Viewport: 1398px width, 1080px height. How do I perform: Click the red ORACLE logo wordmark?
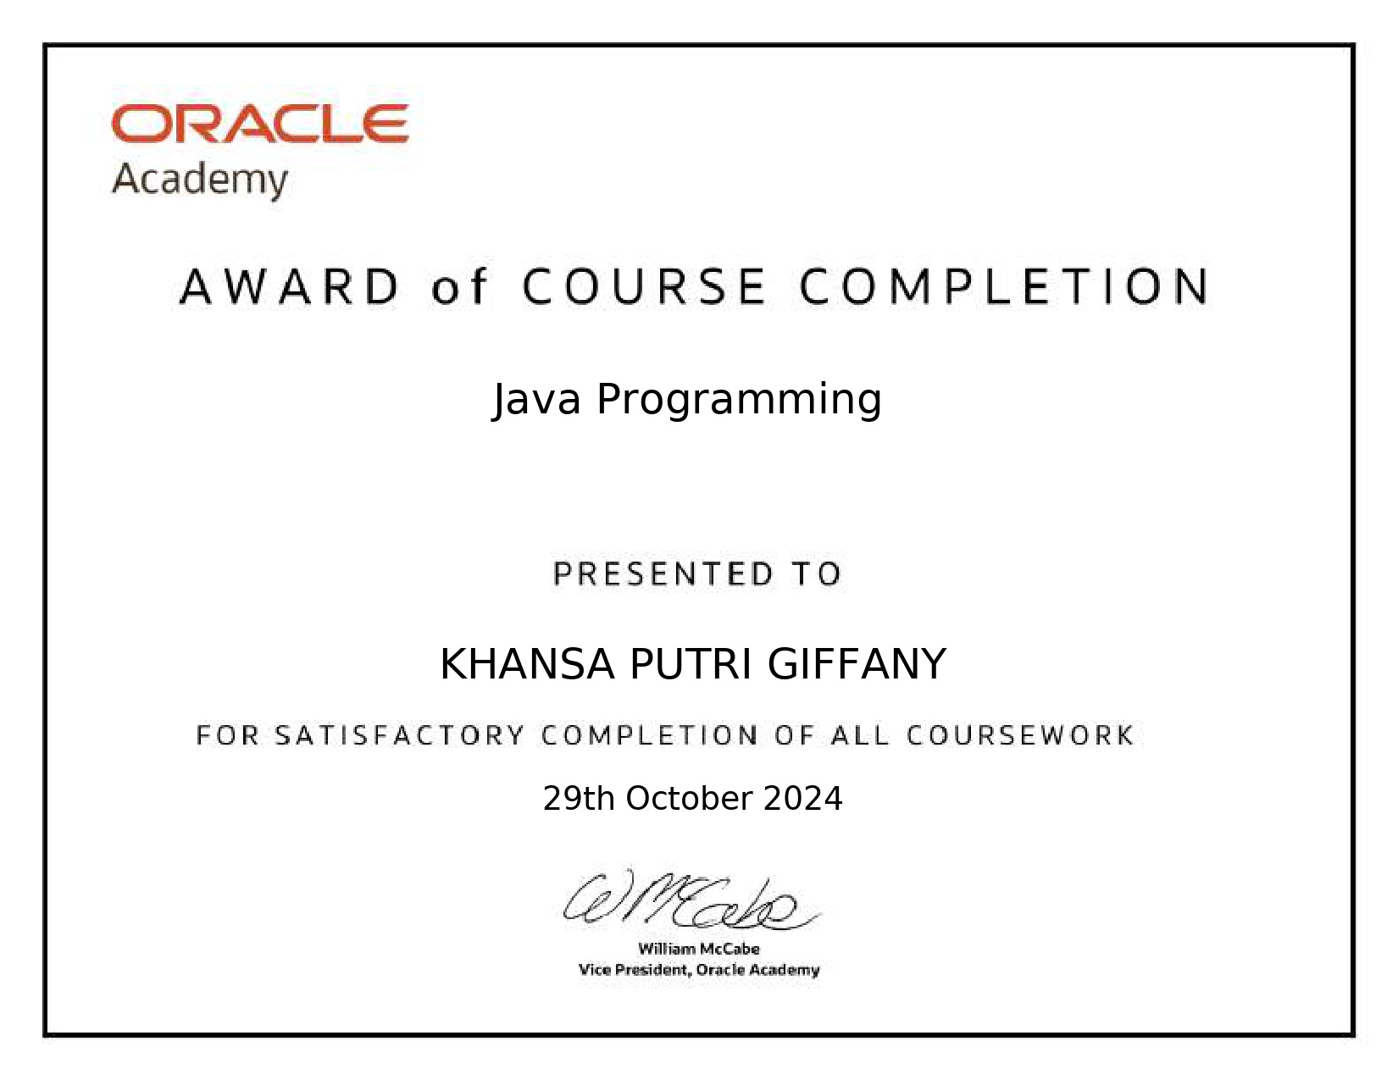260,123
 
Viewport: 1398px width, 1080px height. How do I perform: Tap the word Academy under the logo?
200,180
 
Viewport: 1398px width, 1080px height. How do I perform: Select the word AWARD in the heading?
290,286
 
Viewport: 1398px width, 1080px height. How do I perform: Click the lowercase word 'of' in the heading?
459,286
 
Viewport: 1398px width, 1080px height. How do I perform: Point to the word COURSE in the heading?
644,286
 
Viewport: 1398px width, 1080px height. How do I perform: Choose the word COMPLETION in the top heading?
1005,286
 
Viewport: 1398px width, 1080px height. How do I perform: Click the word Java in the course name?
537,400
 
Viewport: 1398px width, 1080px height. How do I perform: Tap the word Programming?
739,401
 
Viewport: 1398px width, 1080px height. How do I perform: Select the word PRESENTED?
663,573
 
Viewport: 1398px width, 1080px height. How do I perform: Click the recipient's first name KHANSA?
527,664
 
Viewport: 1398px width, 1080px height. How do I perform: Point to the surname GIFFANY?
857,664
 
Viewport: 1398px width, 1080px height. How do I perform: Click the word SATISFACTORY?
400,735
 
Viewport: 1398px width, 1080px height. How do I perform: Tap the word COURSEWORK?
1020,735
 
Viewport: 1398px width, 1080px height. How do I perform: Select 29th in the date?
579,799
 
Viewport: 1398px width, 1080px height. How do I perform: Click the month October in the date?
689,799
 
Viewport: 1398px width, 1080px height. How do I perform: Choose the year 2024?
803,799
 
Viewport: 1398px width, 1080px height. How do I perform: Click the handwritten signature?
691,900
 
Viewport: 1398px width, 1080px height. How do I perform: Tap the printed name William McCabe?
699,949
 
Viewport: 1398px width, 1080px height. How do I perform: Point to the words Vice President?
635,970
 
